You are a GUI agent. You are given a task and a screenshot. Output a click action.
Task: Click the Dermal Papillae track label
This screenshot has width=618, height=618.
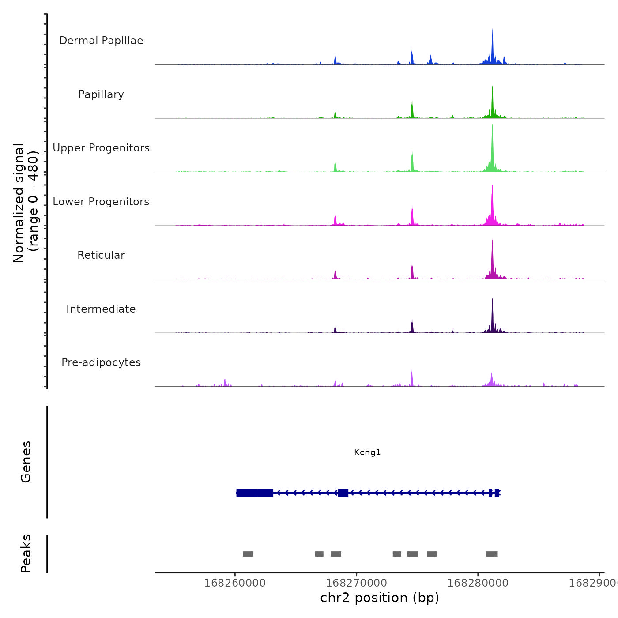click(x=101, y=41)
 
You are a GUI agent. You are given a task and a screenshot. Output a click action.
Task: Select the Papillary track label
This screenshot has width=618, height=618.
click(x=101, y=94)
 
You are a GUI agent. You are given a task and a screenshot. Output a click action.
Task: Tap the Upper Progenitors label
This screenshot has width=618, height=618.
click(x=101, y=148)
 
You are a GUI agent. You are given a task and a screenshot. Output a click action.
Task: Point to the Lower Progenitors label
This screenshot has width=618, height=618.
click(x=101, y=202)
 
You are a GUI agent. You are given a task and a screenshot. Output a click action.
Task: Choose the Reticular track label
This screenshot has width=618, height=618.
click(x=101, y=255)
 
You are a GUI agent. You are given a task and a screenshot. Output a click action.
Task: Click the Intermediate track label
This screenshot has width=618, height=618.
click(x=101, y=309)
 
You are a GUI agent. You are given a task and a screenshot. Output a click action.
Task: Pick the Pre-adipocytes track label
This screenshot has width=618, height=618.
click(x=101, y=362)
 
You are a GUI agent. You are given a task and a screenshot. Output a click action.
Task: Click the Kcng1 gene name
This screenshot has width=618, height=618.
click(x=367, y=452)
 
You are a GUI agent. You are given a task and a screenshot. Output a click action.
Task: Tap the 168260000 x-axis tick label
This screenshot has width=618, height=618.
click(x=235, y=583)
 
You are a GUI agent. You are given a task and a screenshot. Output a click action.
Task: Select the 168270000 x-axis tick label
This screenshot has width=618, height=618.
click(x=356, y=583)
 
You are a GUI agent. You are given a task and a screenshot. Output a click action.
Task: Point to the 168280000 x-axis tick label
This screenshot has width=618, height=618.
click(x=478, y=583)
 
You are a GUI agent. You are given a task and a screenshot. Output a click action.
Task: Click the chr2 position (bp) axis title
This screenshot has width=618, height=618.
click(x=380, y=598)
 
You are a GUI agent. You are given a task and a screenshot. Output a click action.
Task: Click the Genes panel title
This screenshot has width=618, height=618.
click(x=26, y=462)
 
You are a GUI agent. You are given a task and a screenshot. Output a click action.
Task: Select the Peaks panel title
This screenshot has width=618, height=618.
click(x=26, y=554)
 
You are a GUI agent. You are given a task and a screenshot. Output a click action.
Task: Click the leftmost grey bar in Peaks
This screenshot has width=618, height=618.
click(x=248, y=554)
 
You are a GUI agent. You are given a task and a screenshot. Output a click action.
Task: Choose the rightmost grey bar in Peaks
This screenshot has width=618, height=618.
click(x=492, y=554)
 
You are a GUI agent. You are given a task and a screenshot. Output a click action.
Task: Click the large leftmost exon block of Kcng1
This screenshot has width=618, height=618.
click(x=255, y=493)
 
